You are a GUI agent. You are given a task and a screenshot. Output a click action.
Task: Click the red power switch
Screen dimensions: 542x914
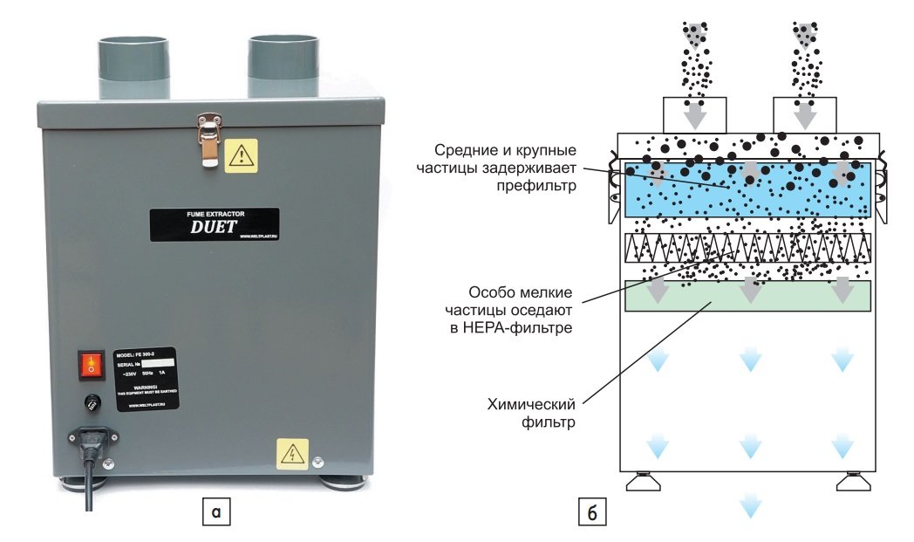tap(89, 367)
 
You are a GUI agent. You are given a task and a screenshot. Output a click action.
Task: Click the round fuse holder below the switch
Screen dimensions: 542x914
tap(89, 404)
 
